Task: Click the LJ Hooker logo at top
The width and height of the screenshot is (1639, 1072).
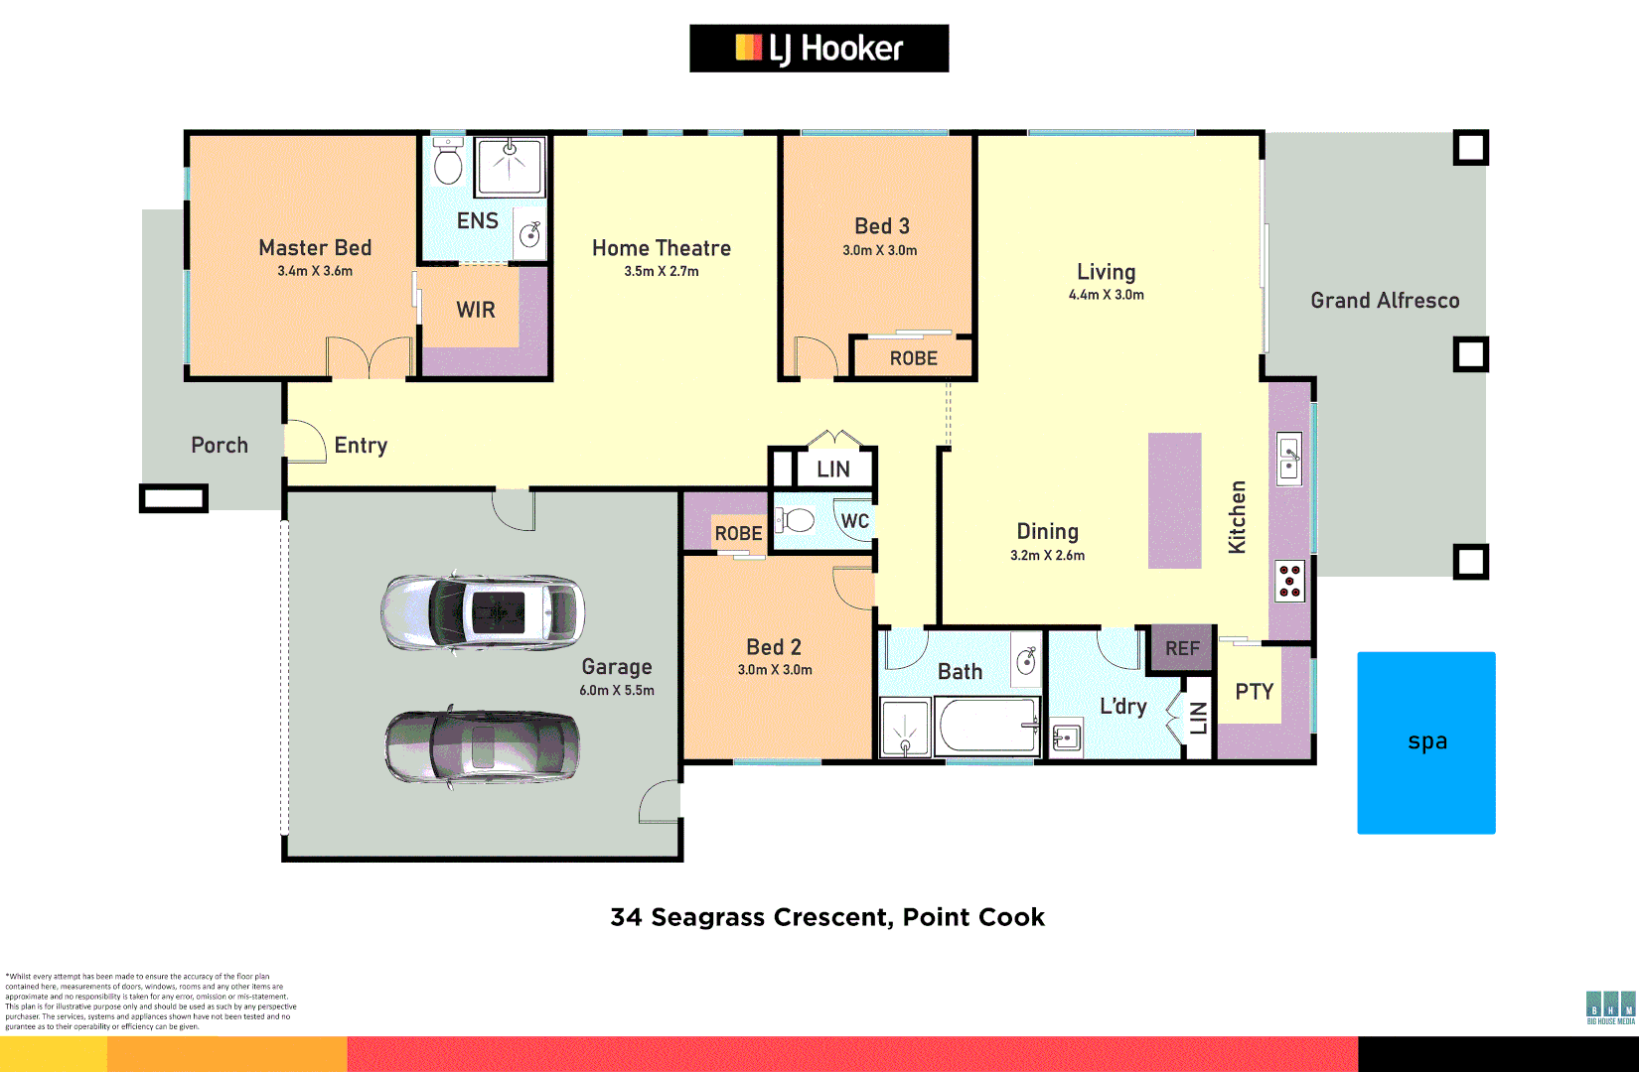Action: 819,48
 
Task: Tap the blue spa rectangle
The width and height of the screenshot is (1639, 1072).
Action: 1425,742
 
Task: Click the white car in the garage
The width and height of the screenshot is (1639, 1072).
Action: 483,613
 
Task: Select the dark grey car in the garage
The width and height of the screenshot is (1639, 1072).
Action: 483,747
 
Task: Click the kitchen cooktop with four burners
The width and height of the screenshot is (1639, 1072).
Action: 1289,581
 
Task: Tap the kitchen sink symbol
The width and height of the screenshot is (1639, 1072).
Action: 1289,459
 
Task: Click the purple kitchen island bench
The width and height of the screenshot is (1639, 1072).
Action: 1174,500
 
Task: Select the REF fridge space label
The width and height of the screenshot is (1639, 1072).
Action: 1182,648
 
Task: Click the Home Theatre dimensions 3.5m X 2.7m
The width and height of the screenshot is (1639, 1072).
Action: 661,271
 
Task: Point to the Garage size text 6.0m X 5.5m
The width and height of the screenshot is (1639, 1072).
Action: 617,690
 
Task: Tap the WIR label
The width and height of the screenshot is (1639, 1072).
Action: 476,310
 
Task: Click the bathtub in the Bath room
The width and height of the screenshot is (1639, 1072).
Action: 986,726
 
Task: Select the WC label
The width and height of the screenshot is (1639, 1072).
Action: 854,521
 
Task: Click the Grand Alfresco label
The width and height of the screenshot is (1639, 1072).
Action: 1385,300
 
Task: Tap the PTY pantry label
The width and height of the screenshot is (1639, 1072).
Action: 1254,692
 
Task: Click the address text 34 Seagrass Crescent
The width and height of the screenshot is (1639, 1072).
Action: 826,917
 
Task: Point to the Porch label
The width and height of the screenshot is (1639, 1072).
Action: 220,445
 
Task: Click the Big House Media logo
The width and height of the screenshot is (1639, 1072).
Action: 1610,1007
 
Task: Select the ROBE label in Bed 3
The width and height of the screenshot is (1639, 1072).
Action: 913,358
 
